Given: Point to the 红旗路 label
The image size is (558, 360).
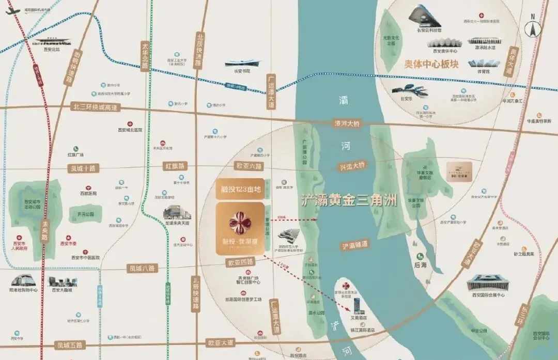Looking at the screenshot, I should (175, 166).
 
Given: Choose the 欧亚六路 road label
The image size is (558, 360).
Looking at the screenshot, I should (249, 166).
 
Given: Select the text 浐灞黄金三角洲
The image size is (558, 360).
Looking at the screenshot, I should (349, 201).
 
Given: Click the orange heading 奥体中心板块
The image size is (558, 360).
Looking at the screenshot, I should (429, 66).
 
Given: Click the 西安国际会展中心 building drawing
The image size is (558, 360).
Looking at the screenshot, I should (488, 282).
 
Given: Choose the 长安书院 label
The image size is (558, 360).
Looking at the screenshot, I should (238, 71).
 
